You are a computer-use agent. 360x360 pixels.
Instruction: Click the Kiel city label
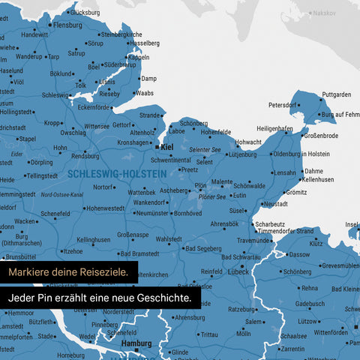click(168, 147)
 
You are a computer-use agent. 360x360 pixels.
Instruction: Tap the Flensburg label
click(67, 25)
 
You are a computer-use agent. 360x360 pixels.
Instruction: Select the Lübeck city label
click(238, 272)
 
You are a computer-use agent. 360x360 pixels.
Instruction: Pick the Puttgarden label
click(336, 94)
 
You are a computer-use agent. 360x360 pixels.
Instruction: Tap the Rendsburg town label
click(85, 155)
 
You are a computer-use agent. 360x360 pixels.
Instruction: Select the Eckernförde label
click(95, 107)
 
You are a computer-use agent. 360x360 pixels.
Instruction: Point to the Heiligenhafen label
click(274, 128)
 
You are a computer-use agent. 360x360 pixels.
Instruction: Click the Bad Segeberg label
click(202, 248)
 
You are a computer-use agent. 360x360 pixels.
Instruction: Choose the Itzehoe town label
click(73, 251)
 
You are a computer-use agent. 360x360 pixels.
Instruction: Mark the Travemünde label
click(254, 240)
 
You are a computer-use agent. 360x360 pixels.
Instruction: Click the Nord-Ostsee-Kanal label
click(61, 194)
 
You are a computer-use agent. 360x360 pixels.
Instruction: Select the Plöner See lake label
click(212, 196)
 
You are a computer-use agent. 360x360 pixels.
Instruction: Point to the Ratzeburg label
click(241, 308)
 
